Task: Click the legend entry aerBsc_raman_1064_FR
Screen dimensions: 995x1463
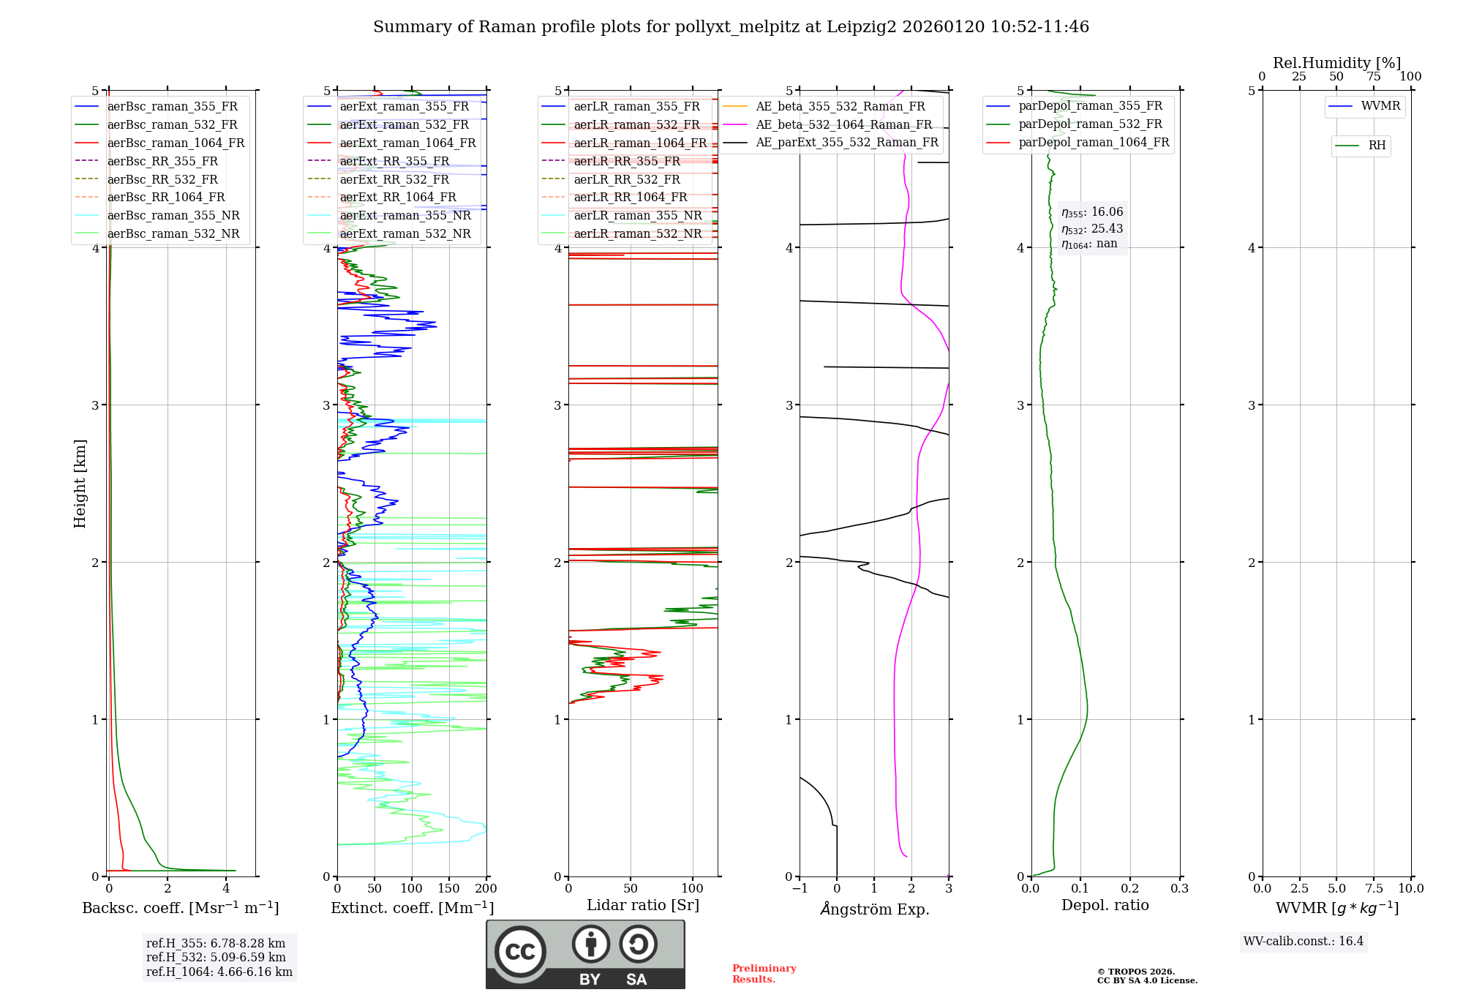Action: pyautogui.click(x=176, y=143)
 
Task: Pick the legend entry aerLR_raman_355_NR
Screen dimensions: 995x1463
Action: pyautogui.click(x=637, y=216)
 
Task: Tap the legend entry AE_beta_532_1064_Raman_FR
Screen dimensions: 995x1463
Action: pyautogui.click(x=843, y=125)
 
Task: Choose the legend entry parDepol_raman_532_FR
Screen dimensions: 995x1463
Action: pyautogui.click(x=1090, y=124)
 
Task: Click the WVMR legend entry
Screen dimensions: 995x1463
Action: pyautogui.click(x=1380, y=106)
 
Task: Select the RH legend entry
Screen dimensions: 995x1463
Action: pyautogui.click(x=1377, y=146)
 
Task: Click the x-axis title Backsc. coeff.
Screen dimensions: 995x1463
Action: pyautogui.click(x=180, y=908)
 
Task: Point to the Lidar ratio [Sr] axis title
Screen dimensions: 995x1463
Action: pyautogui.click(x=643, y=906)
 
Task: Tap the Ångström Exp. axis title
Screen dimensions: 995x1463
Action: pyautogui.click(x=875, y=909)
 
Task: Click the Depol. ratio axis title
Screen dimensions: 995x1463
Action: pyautogui.click(x=1105, y=906)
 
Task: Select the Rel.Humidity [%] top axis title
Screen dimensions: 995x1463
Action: pyautogui.click(x=1336, y=63)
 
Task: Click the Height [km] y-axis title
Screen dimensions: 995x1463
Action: pyautogui.click(x=80, y=484)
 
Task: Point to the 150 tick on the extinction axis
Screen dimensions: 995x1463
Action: pyautogui.click(x=448, y=889)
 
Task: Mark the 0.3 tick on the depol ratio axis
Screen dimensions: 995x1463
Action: pyautogui.click(x=1179, y=889)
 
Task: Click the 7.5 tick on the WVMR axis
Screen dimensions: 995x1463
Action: pyautogui.click(x=1374, y=889)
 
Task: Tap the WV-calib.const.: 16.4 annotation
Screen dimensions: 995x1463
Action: pyautogui.click(x=1303, y=942)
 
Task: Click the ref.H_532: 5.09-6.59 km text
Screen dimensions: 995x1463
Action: pyautogui.click(x=216, y=958)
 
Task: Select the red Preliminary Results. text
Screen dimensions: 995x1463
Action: pyautogui.click(x=764, y=974)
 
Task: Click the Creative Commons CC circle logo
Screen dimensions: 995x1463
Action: pyautogui.click(x=520, y=952)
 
